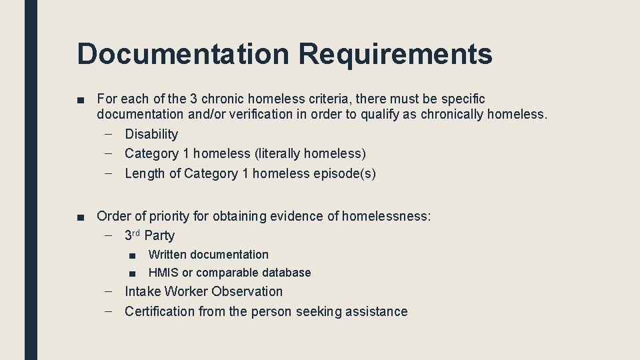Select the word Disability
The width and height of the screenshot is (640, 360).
pyautogui.click(x=151, y=134)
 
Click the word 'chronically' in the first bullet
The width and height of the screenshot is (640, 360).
pyautogui.click(x=451, y=114)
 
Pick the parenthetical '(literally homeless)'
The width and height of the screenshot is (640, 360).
pyautogui.click(x=310, y=153)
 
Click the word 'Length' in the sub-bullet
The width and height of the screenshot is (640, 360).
pyautogui.click(x=143, y=173)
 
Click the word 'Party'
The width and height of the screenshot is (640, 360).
pyautogui.click(x=159, y=235)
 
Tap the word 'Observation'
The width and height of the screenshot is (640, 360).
pyautogui.click(x=247, y=291)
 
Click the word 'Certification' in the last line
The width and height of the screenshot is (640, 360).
pyautogui.click(x=161, y=311)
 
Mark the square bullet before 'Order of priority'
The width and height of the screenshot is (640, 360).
pyautogui.click(x=81, y=217)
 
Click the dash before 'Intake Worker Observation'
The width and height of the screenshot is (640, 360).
pyautogui.click(x=108, y=291)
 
